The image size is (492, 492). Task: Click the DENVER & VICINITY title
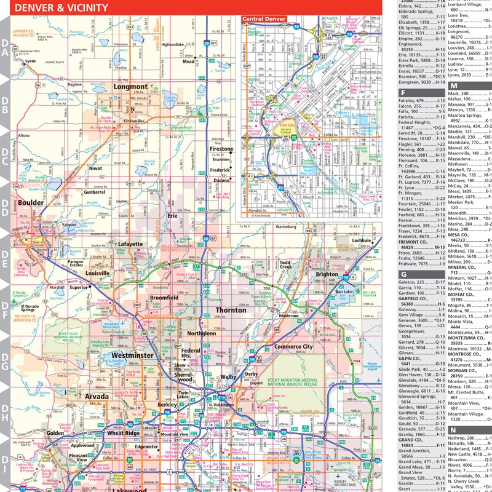tap(61, 8)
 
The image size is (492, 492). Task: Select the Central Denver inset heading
tap(264, 19)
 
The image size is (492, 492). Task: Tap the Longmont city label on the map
tap(130, 87)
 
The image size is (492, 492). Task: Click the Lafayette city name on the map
tap(130, 244)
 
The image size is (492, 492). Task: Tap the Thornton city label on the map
tap(231, 310)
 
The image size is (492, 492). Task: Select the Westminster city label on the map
tap(133, 355)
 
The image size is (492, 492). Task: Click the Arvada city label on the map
tap(97, 397)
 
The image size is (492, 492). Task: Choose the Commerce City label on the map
tap(293, 347)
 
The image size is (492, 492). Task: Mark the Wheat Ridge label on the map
tap(124, 433)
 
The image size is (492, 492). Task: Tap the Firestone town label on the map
tap(221, 149)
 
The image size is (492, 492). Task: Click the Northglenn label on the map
tap(202, 333)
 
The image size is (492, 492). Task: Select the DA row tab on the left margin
tap(5, 48)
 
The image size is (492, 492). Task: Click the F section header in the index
tap(403, 93)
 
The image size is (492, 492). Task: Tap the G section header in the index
tap(403, 274)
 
